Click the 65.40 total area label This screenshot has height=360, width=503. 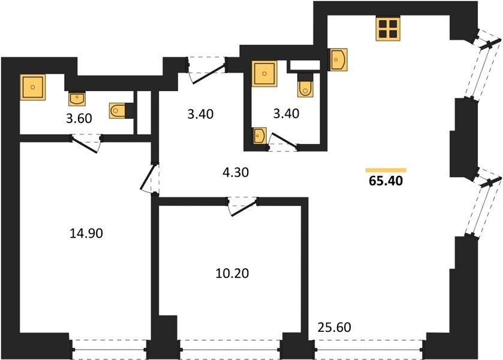coord(385,181)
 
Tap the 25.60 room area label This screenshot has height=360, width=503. coord(335,327)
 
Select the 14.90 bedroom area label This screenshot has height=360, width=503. coord(86,233)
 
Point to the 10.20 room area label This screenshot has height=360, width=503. coord(232,273)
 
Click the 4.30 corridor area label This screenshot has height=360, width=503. coord(236,172)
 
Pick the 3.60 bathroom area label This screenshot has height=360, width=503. coord(79,119)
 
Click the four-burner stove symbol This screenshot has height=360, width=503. coord(388,29)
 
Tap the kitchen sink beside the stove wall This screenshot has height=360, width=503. coord(337,59)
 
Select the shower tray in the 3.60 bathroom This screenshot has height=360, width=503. coord(33,87)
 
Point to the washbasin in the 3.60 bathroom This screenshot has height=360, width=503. coord(77,99)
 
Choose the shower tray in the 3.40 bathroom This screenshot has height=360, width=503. coord(264,74)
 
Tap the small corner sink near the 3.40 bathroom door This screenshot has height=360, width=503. coord(259,136)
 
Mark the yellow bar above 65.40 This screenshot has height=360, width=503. coord(386,170)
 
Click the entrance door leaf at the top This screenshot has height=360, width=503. coord(208,74)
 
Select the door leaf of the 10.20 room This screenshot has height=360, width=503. coord(245,208)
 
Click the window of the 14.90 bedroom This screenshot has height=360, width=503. coord(110,349)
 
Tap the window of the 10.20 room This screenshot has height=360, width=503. coord(230,349)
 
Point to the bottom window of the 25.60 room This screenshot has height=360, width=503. coord(369,349)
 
